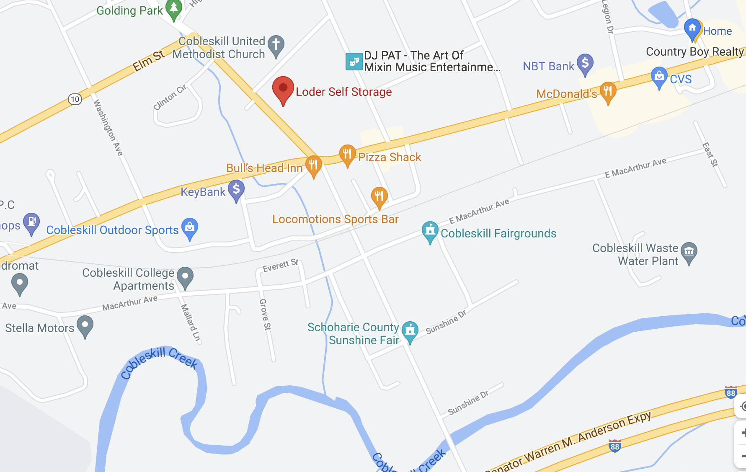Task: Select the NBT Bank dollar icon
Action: tap(585, 64)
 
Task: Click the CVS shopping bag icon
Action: tap(659, 77)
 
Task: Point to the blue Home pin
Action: tap(692, 29)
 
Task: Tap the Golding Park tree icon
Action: tap(173, 8)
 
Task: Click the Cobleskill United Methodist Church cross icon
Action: tap(276, 44)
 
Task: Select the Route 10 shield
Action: tap(75, 99)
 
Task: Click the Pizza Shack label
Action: tap(389, 157)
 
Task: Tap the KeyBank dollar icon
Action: tap(236, 190)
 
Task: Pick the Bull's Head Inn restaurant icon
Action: tap(313, 165)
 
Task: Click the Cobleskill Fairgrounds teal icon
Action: tap(430, 231)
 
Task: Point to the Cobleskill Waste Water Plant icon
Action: tap(689, 252)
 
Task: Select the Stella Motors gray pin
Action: tap(85, 325)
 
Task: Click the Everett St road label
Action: tap(280, 266)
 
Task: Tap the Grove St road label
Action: tap(265, 314)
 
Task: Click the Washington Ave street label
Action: tap(108, 128)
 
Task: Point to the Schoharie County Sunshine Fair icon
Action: tap(410, 330)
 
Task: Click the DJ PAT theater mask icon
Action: tap(354, 62)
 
